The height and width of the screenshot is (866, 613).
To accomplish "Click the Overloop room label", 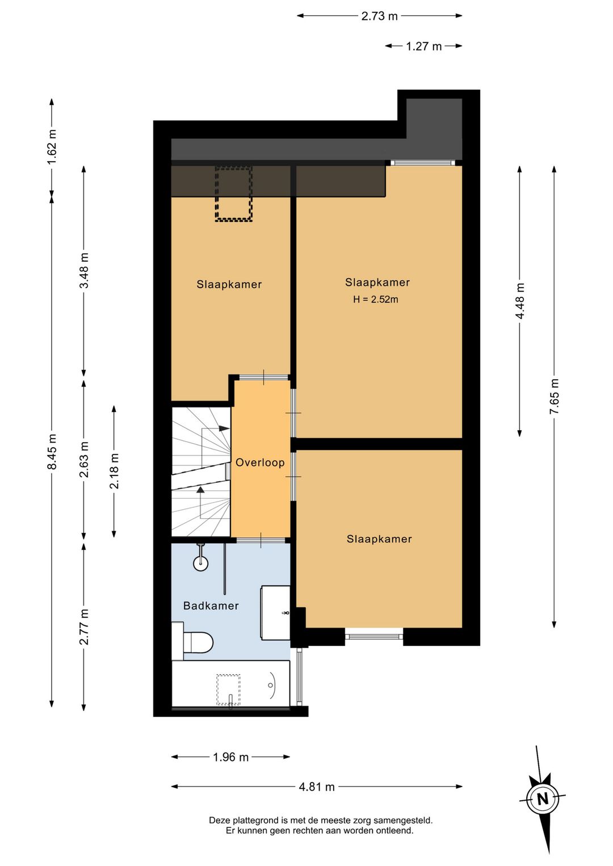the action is coord(260,463).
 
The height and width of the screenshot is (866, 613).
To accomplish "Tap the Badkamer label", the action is coord(211,606).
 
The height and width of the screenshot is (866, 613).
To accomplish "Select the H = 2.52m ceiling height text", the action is coord(375,299).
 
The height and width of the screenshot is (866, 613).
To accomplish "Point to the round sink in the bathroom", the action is coord(200,563).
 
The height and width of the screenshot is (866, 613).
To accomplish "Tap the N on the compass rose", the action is coord(543,798).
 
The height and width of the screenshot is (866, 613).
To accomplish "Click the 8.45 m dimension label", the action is coord(52,452).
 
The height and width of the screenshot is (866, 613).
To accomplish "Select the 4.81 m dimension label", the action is coord(317,787).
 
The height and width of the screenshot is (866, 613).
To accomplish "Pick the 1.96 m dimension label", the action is coord(231,757).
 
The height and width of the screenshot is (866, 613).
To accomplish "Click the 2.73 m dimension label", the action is coord(379,16).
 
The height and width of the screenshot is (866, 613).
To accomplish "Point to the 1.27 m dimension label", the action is coord(423,47).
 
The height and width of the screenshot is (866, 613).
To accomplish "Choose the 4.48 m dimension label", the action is coord(520,301).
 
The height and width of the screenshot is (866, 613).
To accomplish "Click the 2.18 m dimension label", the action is coord(114,471).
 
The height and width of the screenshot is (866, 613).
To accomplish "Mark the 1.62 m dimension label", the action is coord(52,146).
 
